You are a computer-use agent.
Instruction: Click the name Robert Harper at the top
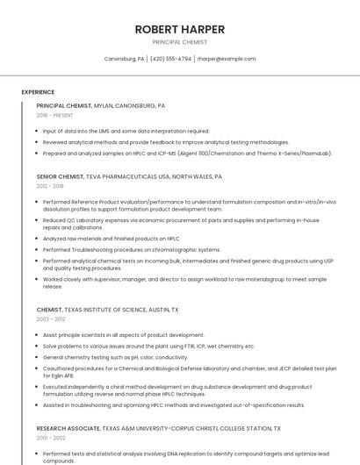coord(180,29)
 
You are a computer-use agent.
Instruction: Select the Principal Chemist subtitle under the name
coord(180,42)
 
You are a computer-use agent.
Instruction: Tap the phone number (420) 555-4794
coord(170,59)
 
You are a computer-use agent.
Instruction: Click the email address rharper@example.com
coord(227,59)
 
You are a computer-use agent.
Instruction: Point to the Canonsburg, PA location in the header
coord(125,59)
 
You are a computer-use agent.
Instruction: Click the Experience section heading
coord(38,92)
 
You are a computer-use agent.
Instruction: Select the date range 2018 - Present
coord(55,115)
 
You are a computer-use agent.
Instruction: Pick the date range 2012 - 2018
coord(50,186)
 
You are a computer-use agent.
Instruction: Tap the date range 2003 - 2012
coord(50,319)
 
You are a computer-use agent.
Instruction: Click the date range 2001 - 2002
coord(50,437)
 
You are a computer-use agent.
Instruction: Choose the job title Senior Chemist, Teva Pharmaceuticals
coord(129,176)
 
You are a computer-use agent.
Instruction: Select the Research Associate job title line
coord(158,428)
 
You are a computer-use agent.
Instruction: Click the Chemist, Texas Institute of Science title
coord(107,310)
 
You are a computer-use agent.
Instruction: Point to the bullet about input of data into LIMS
coord(126,131)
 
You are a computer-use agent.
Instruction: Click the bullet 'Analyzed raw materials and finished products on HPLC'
coord(111,239)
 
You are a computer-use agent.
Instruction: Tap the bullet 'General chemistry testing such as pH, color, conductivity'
coord(115,357)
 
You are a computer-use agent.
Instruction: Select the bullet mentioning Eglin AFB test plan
coord(189,372)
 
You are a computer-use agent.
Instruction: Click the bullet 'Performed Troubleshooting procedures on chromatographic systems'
coord(131,249)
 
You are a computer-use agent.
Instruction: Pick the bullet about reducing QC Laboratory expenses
coord(180,224)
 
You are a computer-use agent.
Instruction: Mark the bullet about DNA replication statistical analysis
coord(180,457)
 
